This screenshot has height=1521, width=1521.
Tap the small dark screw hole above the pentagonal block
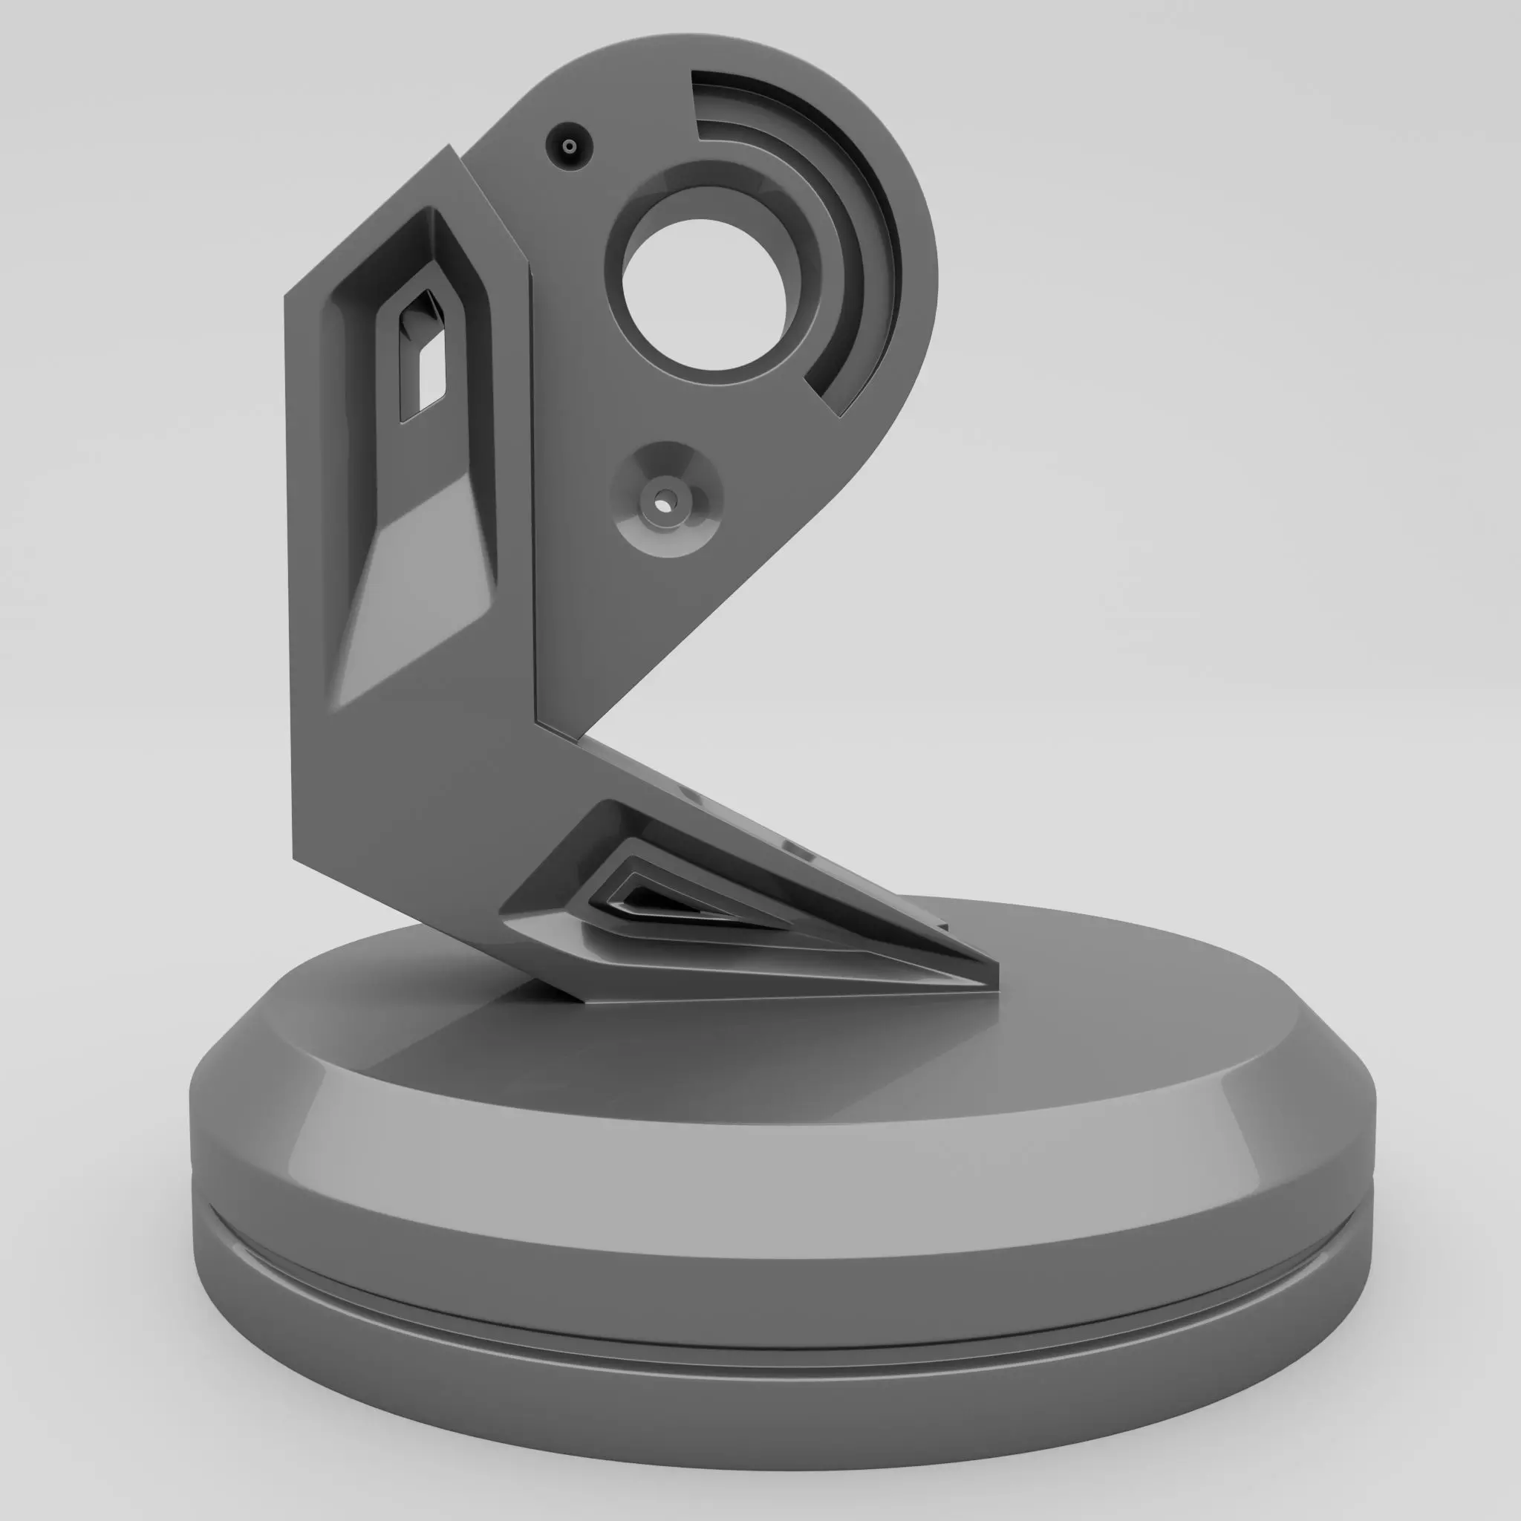(569, 146)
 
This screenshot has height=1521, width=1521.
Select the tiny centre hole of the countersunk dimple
(664, 501)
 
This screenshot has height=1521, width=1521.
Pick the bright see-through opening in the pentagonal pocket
(431, 375)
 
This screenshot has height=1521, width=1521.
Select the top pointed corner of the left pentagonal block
(449, 147)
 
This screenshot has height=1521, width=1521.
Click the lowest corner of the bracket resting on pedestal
(587, 1000)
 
